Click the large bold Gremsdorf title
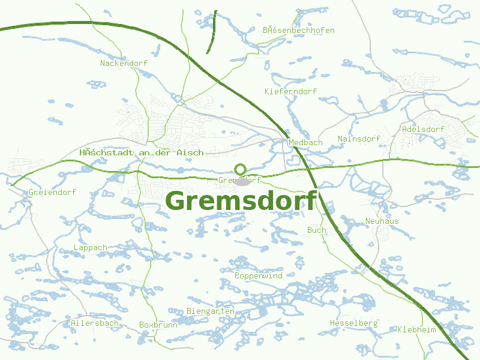click(x=241, y=201)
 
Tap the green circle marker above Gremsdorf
click(x=240, y=170)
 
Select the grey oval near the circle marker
click(x=242, y=182)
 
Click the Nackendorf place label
click(x=124, y=63)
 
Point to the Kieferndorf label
click(x=290, y=91)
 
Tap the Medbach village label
click(x=305, y=143)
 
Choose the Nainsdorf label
click(x=359, y=139)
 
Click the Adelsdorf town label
click(x=423, y=129)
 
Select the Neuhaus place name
click(x=382, y=221)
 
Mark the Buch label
click(x=317, y=230)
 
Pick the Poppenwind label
click(x=258, y=275)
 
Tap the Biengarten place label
click(x=211, y=311)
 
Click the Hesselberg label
click(x=354, y=323)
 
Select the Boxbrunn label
click(x=158, y=325)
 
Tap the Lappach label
click(x=91, y=247)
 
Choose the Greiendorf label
click(x=52, y=193)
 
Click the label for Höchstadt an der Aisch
click(x=141, y=153)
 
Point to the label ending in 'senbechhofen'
click(x=298, y=30)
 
